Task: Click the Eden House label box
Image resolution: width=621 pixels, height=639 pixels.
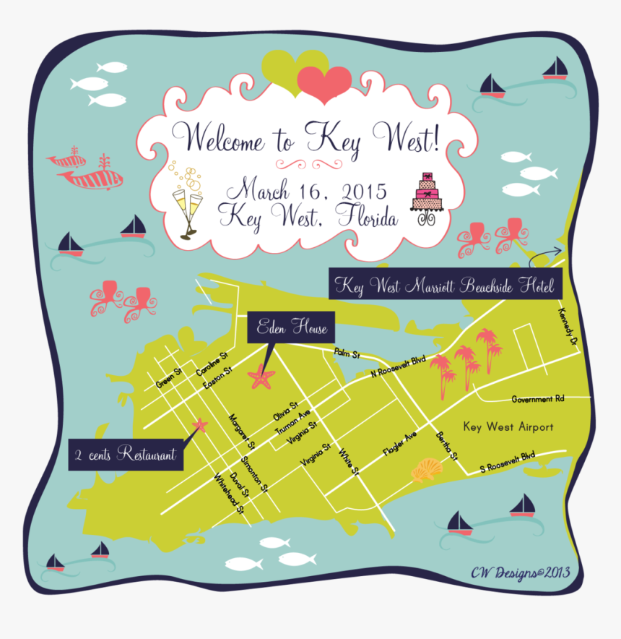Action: pos(292,329)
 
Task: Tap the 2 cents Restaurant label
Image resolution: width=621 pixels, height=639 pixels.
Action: pos(125,455)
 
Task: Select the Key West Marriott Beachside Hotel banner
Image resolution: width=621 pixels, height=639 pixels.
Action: pos(443,286)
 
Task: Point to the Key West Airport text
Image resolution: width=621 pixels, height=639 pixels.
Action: pos(508,427)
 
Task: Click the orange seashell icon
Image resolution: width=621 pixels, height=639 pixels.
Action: pos(427,471)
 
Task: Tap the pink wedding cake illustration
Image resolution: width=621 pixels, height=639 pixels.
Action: pos(426,199)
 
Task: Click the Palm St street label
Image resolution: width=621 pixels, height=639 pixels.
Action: pos(347,353)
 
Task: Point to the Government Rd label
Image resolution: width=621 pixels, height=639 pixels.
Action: pos(537,399)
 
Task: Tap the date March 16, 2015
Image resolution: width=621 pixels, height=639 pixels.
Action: pos(306,192)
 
